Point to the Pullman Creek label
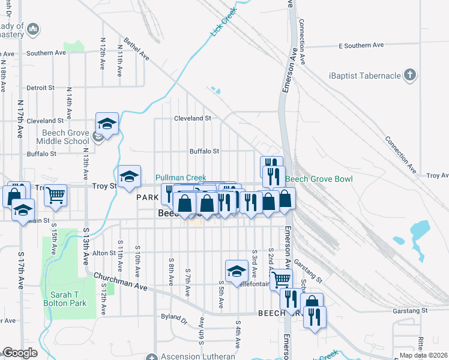[x=181, y=178]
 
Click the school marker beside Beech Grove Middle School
[x=107, y=124]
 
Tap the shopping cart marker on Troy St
[x=55, y=194]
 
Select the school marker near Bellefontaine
[x=237, y=271]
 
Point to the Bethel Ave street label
[x=136, y=50]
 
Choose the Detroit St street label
[x=41, y=88]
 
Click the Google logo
[x=20, y=353]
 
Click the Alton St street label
[x=103, y=254]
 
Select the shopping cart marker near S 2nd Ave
[x=280, y=279]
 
